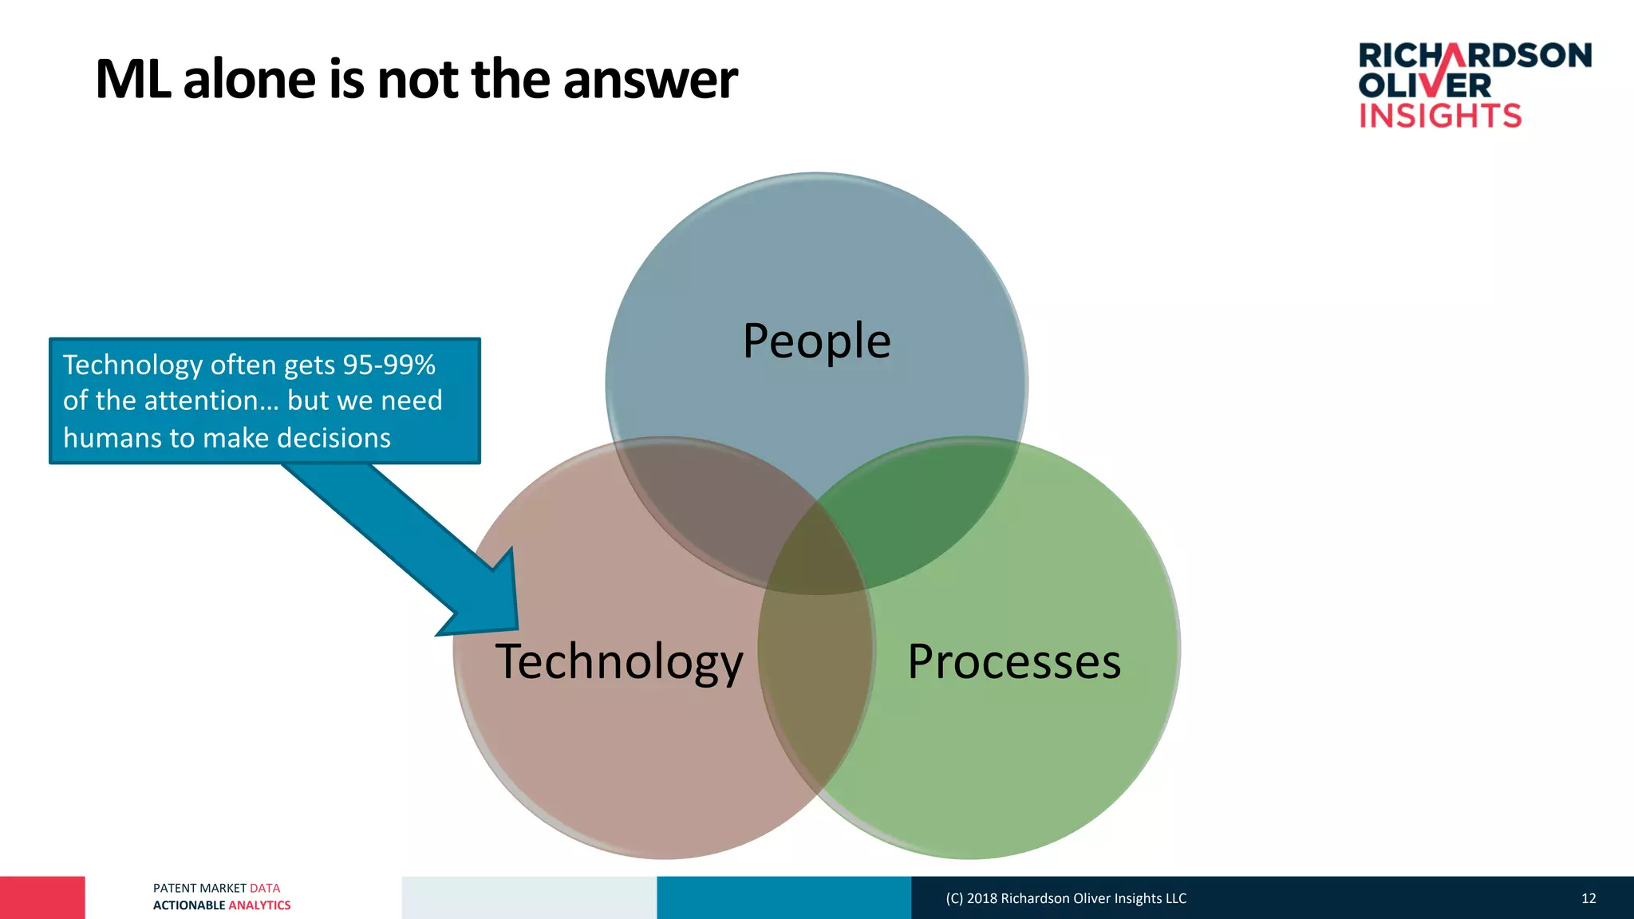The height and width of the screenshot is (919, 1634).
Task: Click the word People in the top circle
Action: pos(816,341)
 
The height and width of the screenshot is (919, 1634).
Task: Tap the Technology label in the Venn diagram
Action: pos(619,661)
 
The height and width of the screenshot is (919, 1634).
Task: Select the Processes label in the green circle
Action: pos(1014,661)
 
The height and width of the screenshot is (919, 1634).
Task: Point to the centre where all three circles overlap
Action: pos(816,550)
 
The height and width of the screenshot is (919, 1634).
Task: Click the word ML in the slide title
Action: pos(132,80)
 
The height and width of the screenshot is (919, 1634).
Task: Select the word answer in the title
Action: pos(650,80)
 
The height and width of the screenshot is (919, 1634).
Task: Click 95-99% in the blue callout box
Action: pos(389,365)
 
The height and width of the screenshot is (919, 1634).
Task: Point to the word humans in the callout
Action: pos(104,438)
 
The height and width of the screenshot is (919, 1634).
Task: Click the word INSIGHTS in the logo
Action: pos(1440,116)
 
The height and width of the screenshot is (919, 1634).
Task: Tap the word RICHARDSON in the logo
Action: pos(1474,56)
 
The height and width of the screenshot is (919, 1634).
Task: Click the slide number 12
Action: pos(1589,898)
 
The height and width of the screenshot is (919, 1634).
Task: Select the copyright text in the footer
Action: pos(1066,898)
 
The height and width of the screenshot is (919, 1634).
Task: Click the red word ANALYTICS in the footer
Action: pos(259,905)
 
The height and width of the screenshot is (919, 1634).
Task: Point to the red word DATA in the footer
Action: pos(265,888)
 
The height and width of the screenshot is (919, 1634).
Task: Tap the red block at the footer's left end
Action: pos(42,897)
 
